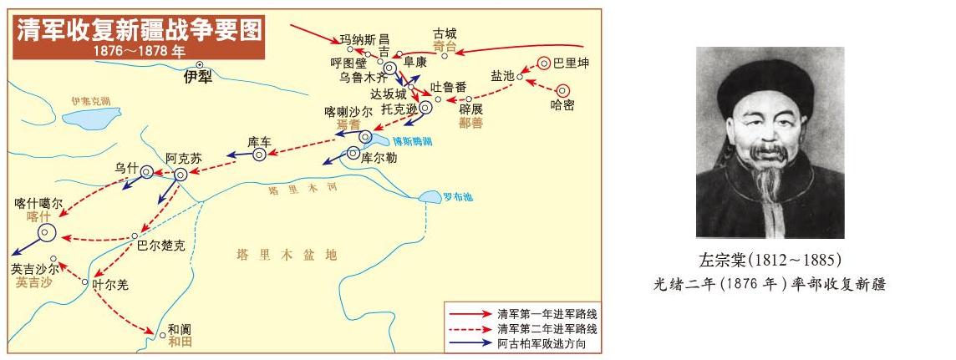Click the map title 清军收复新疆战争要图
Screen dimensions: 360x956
(139, 30)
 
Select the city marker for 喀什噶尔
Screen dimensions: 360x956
(46, 235)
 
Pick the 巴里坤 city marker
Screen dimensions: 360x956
(544, 62)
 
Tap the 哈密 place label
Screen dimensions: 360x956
(562, 105)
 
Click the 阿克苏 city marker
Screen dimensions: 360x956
(181, 174)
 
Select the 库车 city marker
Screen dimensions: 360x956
(260, 154)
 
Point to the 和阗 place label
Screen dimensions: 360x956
(180, 329)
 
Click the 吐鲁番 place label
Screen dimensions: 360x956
(448, 87)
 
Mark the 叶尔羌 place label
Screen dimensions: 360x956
(111, 285)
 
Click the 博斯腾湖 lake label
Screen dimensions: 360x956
(412, 144)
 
